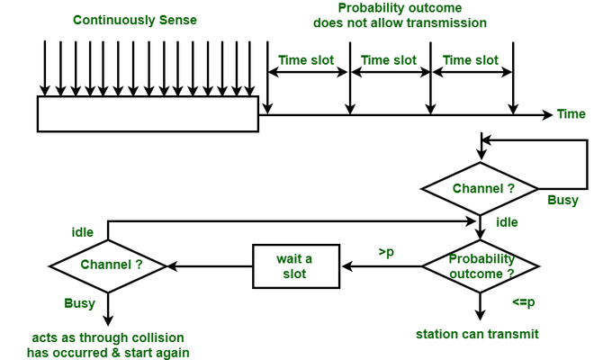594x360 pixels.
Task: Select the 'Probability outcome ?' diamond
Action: tap(481, 266)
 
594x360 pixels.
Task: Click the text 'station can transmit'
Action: tap(477, 334)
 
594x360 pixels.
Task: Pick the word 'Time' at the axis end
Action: tap(571, 114)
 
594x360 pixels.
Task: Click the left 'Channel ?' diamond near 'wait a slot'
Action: tap(110, 265)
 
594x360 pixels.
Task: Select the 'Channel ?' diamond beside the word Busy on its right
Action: tap(482, 189)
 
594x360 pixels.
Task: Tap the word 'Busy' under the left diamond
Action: tap(79, 303)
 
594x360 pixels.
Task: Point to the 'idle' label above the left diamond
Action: tap(83, 232)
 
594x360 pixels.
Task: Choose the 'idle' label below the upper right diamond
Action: tap(507, 222)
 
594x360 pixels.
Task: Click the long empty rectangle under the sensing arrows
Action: tap(148, 113)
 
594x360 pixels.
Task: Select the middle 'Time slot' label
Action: tap(388, 60)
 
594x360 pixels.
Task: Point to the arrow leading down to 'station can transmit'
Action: tap(481, 308)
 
